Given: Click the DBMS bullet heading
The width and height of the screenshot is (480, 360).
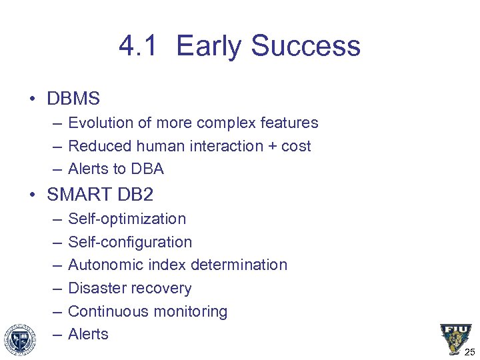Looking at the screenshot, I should coord(73,99).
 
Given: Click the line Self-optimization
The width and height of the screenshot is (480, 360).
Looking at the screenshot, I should coord(127,219).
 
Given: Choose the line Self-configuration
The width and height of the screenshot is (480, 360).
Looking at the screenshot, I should coord(130,242).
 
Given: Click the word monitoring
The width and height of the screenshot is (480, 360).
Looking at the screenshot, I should coord(195,311).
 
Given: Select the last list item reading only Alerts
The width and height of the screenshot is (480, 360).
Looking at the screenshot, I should coord(88,334).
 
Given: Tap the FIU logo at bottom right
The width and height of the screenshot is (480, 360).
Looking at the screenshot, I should coord(455,337).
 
